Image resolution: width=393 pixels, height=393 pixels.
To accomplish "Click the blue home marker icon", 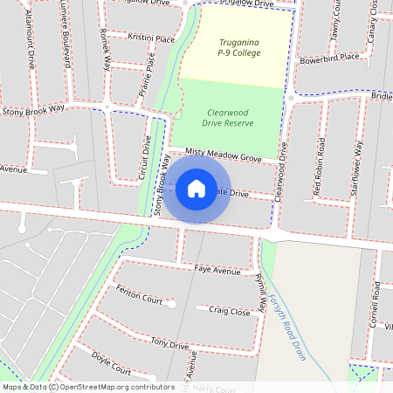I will pos(196,188).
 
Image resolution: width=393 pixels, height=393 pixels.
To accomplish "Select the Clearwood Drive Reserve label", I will pos(231,118).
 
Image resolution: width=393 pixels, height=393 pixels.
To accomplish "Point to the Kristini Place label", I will pos(151,39).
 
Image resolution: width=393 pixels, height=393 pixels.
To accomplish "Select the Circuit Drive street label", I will pos(146,157).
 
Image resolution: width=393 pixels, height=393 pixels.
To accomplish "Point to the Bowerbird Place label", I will pos(329,58).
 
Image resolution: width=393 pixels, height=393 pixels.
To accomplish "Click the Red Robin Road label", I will pos(321,166).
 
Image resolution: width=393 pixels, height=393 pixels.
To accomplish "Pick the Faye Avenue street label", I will pos(217,271).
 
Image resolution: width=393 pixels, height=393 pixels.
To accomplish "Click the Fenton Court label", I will pos(139,293).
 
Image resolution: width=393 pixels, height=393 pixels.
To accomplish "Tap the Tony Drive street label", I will pos(169,343).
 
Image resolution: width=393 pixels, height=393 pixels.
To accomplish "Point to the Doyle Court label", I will pos(111,366).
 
